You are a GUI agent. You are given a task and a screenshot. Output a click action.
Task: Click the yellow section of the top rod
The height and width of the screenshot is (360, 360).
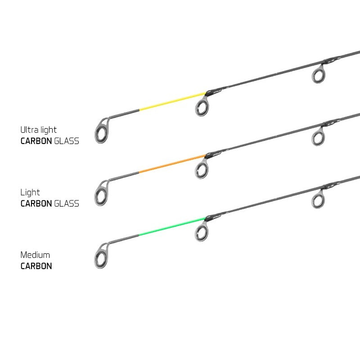tap(173, 101)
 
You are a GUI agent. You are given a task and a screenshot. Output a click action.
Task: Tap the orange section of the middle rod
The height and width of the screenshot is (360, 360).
tap(172, 164)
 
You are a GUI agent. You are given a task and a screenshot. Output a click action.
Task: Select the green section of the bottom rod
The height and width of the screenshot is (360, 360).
tap(172, 226)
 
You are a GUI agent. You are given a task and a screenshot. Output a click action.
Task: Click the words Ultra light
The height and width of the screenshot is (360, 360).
tap(38, 130)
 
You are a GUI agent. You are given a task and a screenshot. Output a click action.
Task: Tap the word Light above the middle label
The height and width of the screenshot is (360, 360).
tap(30, 193)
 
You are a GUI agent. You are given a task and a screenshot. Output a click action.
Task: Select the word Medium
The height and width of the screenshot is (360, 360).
tap(35, 255)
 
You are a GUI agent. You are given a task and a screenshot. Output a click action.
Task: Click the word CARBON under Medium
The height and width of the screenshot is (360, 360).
tap(36, 266)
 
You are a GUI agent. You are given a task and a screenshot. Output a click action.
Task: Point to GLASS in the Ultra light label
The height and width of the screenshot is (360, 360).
tap(67, 141)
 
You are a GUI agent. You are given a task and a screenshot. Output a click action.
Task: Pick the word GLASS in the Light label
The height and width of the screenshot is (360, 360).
tap(67, 203)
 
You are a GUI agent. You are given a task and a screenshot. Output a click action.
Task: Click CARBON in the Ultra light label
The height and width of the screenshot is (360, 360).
tap(36, 141)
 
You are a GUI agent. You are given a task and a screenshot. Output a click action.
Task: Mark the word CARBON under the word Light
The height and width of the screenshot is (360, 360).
tap(36, 203)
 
